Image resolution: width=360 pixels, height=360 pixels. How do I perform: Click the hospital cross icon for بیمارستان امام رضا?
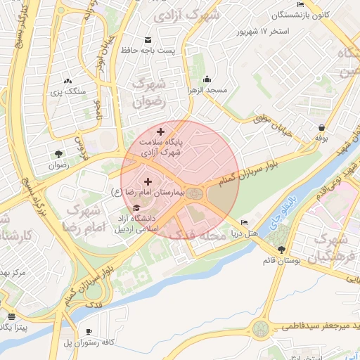[x=147, y=181]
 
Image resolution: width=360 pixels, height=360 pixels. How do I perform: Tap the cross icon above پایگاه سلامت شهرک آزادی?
[x=160, y=131]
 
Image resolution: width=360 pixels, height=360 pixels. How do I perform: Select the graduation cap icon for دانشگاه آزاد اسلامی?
[x=136, y=208]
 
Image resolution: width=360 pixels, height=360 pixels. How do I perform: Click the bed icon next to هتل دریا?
[x=244, y=223]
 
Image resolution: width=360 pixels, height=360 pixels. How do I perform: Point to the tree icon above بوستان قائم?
[x=282, y=250]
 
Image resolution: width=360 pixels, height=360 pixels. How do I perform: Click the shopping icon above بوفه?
[x=321, y=127]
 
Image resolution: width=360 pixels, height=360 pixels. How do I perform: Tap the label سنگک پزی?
[x=67, y=92]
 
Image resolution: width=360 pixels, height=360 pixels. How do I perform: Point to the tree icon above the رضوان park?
[x=58, y=155]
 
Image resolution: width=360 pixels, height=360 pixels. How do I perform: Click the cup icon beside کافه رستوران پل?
[x=89, y=331]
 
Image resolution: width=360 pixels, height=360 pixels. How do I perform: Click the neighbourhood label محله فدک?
[x=207, y=235]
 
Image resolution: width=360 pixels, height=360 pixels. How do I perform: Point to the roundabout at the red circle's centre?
[x=195, y=193]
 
